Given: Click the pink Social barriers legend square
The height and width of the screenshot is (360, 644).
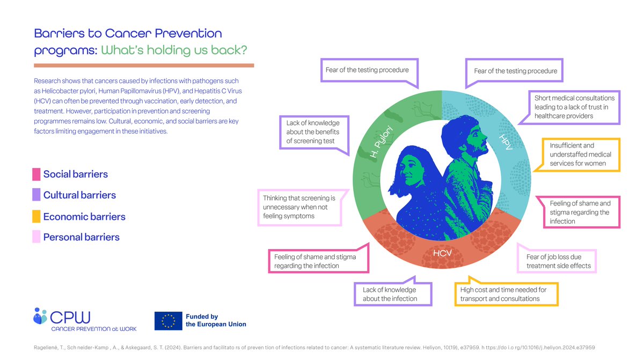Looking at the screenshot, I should pyautogui.click(x=36, y=174).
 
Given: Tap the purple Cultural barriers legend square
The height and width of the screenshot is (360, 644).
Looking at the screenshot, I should pyautogui.click(x=36, y=195).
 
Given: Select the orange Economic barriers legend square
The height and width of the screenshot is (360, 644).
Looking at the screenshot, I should pyautogui.click(x=36, y=217).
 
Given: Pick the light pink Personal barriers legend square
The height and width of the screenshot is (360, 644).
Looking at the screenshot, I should pyautogui.click(x=36, y=237).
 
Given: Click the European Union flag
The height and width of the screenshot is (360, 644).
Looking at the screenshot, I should pyautogui.click(x=168, y=320).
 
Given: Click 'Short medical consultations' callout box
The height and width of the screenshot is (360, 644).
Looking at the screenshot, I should pyautogui.click(x=574, y=107).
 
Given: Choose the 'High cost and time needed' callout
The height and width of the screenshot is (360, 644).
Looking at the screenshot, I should pyautogui.click(x=503, y=294).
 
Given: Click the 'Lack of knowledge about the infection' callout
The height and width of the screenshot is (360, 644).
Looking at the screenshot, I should pyautogui.click(x=391, y=294).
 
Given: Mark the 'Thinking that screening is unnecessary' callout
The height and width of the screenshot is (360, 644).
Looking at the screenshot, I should pyautogui.click(x=299, y=207).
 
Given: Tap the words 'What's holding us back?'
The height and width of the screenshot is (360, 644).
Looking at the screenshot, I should pyautogui.click(x=174, y=50).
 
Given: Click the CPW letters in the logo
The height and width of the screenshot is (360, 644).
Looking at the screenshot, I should pyautogui.click(x=71, y=317).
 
